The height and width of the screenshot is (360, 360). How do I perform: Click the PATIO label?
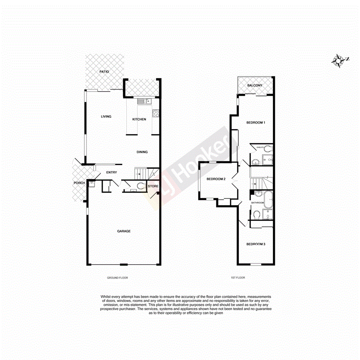[x=104, y=72]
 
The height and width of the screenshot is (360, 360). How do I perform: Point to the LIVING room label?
[x=106, y=117]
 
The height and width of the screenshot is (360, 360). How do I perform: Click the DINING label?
[x=142, y=152]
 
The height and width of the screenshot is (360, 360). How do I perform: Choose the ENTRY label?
[x=112, y=173]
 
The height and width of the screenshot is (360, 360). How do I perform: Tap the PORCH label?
[x=80, y=183]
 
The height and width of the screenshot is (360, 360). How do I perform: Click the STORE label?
[x=153, y=187]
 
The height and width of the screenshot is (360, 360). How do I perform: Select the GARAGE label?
[x=124, y=231]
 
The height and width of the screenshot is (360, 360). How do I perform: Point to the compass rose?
[x=339, y=61]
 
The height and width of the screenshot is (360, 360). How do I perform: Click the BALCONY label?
[x=255, y=85]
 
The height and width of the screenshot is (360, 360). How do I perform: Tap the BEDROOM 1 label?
[x=256, y=123]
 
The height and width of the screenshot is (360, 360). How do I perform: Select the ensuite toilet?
[x=269, y=148]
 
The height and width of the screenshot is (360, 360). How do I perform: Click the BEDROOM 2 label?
[x=216, y=179]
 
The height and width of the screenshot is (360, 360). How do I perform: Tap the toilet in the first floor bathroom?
[x=256, y=214]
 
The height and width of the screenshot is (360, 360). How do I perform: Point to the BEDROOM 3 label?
[x=256, y=244]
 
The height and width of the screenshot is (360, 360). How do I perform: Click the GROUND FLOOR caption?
[x=117, y=278]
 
